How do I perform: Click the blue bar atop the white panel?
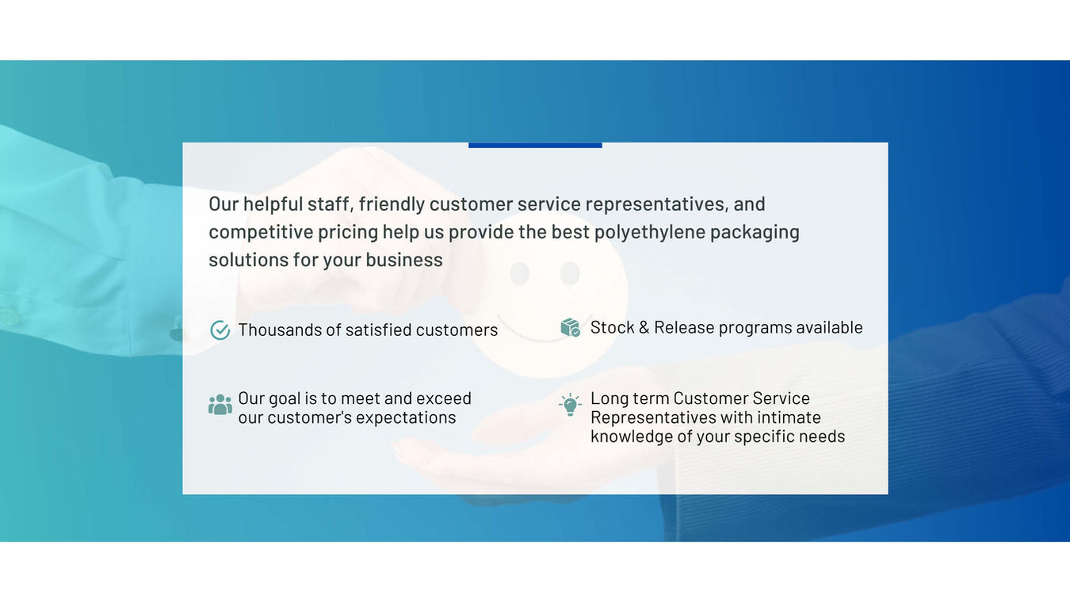(x=535, y=145)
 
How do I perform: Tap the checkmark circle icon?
(x=220, y=330)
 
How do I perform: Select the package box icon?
(x=571, y=327)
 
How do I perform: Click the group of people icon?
(x=220, y=404)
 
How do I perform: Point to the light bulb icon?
(x=571, y=405)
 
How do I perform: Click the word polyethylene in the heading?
(x=650, y=233)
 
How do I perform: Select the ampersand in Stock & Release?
(x=644, y=327)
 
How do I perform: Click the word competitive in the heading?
(x=261, y=233)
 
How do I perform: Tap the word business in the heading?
(x=404, y=260)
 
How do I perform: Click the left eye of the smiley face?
(x=519, y=273)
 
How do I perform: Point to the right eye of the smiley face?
(x=570, y=273)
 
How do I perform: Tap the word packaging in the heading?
(x=755, y=233)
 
